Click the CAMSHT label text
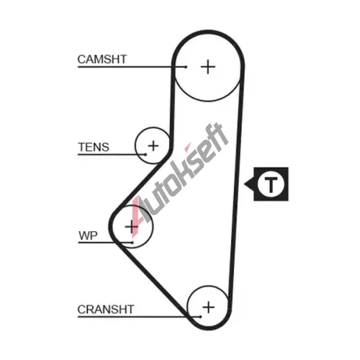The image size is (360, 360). (102, 59)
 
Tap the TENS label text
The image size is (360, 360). (94, 147)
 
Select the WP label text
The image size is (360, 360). (88, 235)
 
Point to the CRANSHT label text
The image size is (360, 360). (106, 310)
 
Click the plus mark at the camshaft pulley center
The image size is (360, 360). (208, 67)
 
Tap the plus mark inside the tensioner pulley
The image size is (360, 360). (153, 145)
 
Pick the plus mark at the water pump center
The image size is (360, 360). (132, 227)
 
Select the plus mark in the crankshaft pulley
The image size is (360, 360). (208, 307)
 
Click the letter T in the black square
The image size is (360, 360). (271, 184)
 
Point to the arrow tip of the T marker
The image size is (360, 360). (244, 184)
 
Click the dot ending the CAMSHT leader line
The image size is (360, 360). (186, 67)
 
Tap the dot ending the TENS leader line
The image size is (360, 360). (145, 155)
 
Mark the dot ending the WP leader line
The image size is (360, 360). (132, 243)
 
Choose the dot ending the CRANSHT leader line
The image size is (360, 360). (201, 317)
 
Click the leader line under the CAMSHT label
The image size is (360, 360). (132, 67)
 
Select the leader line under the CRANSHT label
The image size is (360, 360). (139, 317)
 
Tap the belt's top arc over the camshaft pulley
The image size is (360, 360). (208, 32)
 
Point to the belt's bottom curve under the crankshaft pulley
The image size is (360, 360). (208, 328)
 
